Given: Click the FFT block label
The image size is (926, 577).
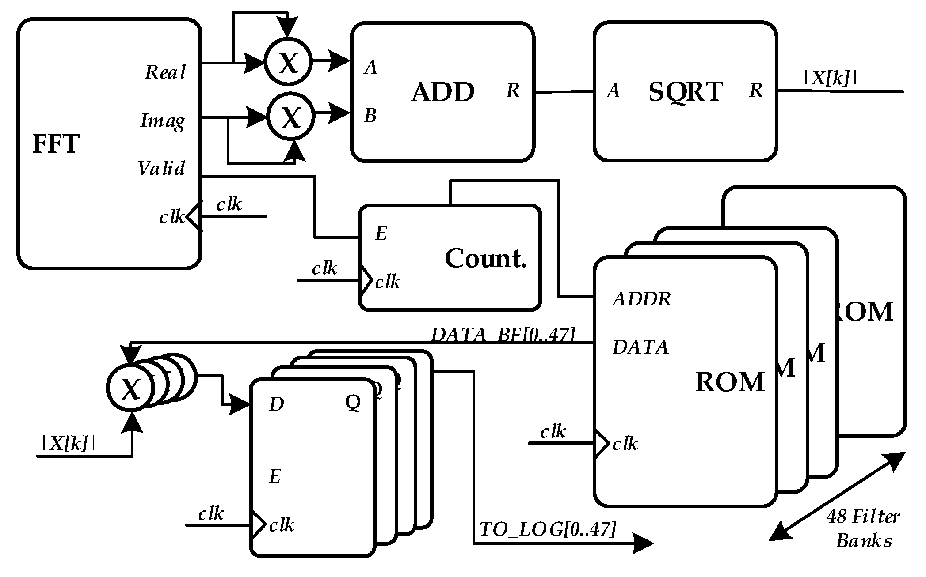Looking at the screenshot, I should point(56,144).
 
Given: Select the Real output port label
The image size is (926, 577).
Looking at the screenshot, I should point(165,72).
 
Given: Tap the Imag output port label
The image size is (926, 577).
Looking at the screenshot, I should point(163,121).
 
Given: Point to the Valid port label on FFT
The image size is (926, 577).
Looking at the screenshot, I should point(161,169).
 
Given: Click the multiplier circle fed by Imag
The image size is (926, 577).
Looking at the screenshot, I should point(291,117).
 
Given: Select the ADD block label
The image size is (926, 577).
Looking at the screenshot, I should point(442,92).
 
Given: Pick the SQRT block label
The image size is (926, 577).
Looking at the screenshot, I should point(685,92).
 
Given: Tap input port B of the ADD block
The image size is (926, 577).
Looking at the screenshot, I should point(370,116).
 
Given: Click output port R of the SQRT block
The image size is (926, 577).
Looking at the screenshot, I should point(756,91).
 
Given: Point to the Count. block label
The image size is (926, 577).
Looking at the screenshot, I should point(485,258).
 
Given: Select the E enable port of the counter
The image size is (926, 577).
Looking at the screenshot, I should point(381,233).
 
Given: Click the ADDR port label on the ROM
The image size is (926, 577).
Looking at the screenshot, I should point(642,299).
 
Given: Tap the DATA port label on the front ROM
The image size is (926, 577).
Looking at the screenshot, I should point(640,347).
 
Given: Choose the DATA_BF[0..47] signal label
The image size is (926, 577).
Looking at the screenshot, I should point(503,335).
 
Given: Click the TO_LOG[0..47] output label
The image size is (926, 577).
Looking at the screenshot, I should point(547,529).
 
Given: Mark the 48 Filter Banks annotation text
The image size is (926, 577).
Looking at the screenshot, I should point(863,528).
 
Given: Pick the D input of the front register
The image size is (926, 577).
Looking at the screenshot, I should point(277,404).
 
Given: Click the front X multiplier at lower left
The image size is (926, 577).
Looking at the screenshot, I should point(130,388).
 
